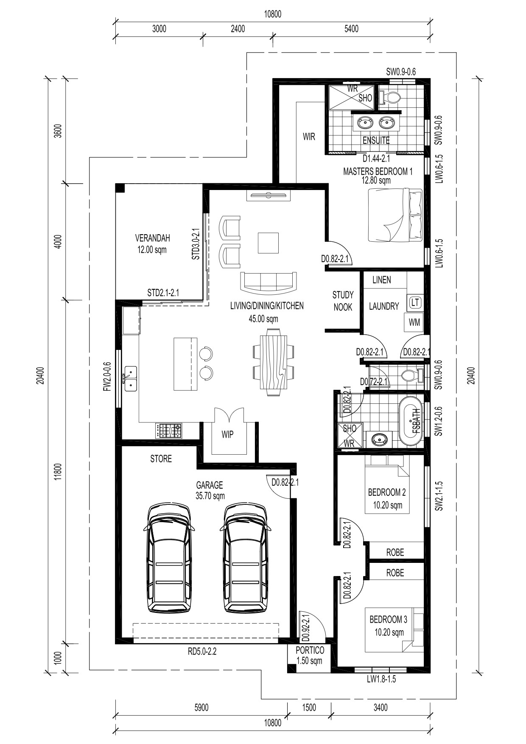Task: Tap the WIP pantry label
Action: coord(228,435)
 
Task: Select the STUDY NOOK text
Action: coord(343,300)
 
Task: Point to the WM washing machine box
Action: coord(414,322)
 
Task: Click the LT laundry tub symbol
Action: coord(415,302)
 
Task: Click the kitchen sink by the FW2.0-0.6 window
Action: coord(131,379)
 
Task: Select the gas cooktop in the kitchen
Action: coord(168,431)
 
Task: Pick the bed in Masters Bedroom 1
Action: coord(395,215)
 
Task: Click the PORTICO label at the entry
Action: coord(310,650)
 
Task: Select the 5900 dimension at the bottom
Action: coord(201,708)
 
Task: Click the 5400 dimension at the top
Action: coord(351,29)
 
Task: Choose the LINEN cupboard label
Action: coord(382,280)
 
